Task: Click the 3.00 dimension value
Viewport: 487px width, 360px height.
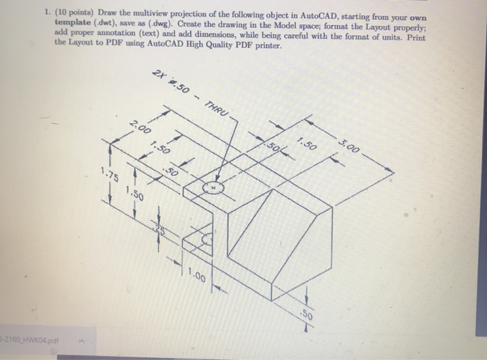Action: coord(350,148)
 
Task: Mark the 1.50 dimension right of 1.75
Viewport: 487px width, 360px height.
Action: coord(135,193)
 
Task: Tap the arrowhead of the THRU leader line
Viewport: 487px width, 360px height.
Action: coord(218,183)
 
